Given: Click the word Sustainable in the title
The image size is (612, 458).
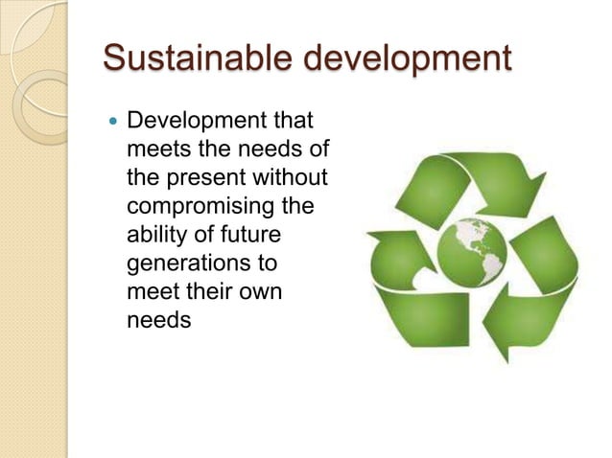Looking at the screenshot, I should pos(187,58).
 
